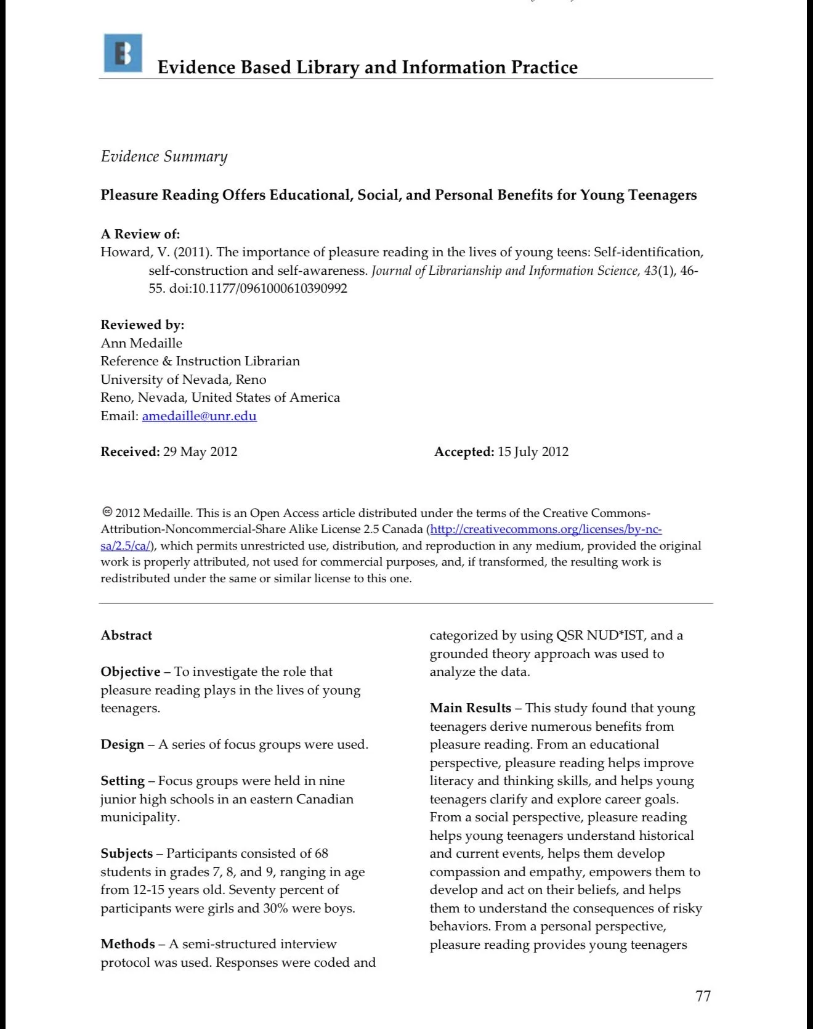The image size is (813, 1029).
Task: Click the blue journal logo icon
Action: click(x=123, y=53)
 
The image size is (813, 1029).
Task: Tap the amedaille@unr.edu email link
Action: click(x=199, y=416)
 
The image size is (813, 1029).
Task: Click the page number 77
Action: click(x=703, y=996)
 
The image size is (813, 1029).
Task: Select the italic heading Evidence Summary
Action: click(x=164, y=157)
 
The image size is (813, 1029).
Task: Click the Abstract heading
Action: click(x=126, y=635)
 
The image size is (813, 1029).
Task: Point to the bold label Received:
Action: click(x=130, y=452)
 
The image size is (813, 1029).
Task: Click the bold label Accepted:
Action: click(x=464, y=452)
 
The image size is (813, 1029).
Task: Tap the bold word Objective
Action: click(x=131, y=672)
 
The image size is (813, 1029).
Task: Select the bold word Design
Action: click(x=122, y=744)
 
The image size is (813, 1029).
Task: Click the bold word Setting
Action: click(x=123, y=781)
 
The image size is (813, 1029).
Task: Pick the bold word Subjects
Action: click(x=126, y=853)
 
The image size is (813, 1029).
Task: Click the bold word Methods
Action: click(x=127, y=944)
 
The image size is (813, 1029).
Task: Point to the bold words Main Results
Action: click(x=471, y=708)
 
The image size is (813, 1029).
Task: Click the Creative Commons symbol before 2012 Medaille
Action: click(x=107, y=512)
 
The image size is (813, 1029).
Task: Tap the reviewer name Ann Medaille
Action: click(x=141, y=343)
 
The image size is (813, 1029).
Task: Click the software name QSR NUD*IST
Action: click(x=599, y=635)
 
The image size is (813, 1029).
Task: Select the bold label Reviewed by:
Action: click(x=142, y=325)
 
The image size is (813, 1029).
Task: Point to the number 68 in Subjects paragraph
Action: click(x=321, y=853)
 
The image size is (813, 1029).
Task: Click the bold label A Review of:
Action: click(x=140, y=234)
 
